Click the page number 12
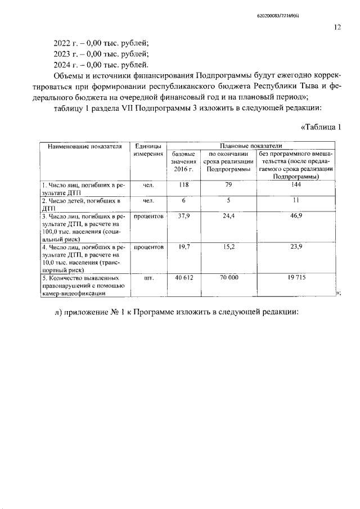coord(337,26)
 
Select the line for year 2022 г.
coord(101,43)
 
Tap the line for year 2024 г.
coord(101,65)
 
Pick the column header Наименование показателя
coord(85,147)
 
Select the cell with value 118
coord(183,184)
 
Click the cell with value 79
coord(228,184)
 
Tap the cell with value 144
coord(296,184)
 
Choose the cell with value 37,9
coord(183,215)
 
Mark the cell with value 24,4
coord(228,215)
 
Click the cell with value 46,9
coord(296,215)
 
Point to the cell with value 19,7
coord(183,246)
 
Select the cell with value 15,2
coord(228,246)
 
